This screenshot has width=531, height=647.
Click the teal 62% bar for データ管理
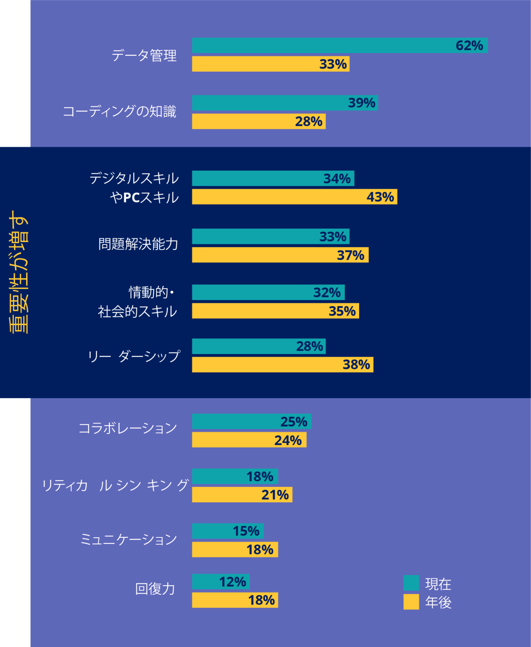[339, 45]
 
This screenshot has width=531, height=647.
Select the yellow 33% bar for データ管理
[271, 64]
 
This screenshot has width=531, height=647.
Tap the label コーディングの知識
[119, 112]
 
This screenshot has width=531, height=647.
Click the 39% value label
[362, 103]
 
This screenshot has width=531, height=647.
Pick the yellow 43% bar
[294, 197]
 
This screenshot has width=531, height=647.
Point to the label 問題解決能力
[138, 244]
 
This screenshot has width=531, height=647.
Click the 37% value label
[350, 255]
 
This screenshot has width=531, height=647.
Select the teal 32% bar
[268, 292]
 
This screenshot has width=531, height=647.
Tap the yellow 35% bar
[275, 311]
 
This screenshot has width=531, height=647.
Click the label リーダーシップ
[134, 356]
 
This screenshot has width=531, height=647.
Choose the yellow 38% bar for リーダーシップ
[282, 365]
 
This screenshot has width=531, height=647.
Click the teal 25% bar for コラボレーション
[252, 421]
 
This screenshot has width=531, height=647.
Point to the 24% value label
[288, 440]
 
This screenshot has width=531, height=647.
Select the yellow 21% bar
[242, 495]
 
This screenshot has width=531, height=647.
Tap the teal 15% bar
[228, 531]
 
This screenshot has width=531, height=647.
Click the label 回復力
[155, 589]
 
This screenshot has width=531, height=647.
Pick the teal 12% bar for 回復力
[220, 582]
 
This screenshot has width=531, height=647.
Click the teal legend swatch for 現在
[411, 583]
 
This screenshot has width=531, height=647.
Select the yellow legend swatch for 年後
[411, 602]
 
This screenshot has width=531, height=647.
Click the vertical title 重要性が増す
[18, 272]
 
